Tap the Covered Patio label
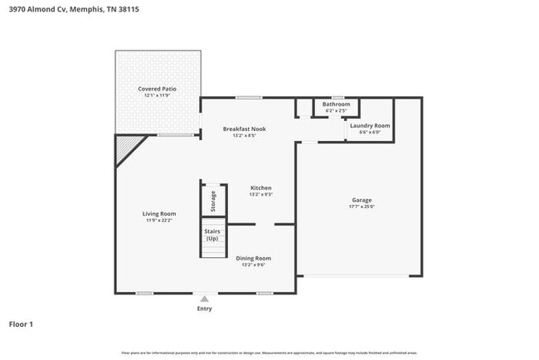pyautogui.click(x=157, y=88)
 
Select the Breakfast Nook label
pyautogui.click(x=244, y=129)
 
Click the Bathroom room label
pyautogui.click(x=336, y=104)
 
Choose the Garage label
pyautogui.click(x=361, y=200)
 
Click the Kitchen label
pyautogui.click(x=261, y=188)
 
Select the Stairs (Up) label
pyautogui.click(x=212, y=235)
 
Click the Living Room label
pyautogui.click(x=159, y=213)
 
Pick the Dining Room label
pyautogui.click(x=254, y=258)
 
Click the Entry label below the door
pyautogui.click(x=204, y=309)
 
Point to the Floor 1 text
pyautogui.click(x=21, y=324)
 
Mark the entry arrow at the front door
pyautogui.click(x=204, y=298)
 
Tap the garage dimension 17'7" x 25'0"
pyautogui.click(x=361, y=207)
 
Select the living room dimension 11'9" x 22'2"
pyautogui.click(x=159, y=221)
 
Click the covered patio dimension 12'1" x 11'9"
pyautogui.click(x=157, y=95)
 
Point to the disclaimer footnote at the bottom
pyautogui.click(x=269, y=353)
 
